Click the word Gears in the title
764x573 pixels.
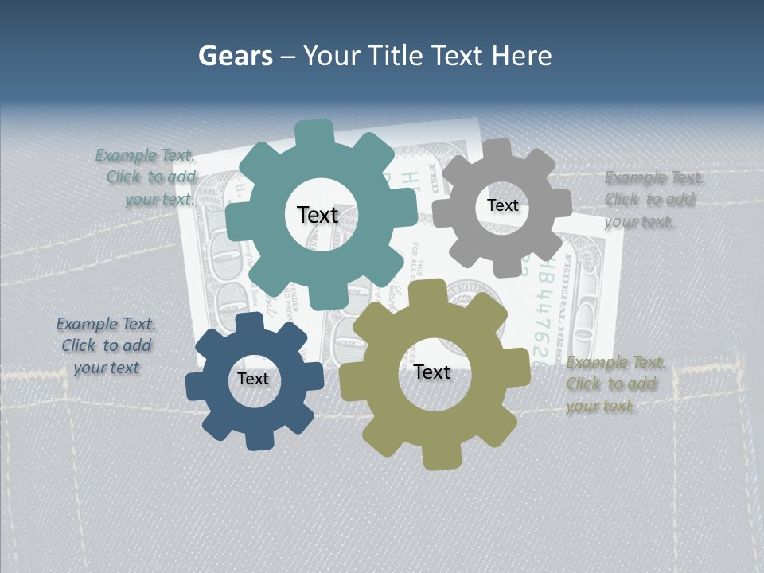[236, 56]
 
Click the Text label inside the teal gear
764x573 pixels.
[318, 215]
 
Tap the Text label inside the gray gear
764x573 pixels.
[502, 205]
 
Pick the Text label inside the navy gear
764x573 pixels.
[253, 379]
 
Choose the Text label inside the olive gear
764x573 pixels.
[432, 372]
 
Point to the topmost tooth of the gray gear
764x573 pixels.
[499, 149]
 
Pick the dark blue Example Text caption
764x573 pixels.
[106, 346]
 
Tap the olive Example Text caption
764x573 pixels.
[614, 384]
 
